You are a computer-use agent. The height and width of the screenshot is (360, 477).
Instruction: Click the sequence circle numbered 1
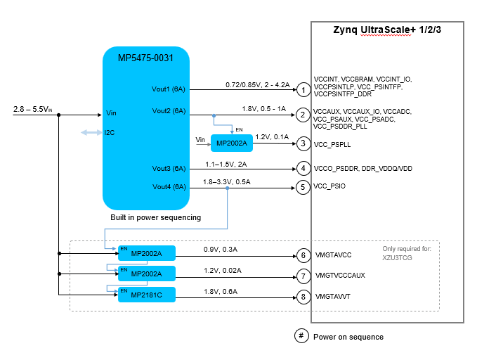coord(303,90)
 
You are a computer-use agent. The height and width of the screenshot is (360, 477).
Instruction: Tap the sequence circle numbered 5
coord(303,187)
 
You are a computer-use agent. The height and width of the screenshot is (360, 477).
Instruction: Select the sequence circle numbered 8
coord(303,297)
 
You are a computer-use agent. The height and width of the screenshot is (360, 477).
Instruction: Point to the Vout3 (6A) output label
coord(169,169)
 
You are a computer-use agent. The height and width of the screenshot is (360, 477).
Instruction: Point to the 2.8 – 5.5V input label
coord(32,110)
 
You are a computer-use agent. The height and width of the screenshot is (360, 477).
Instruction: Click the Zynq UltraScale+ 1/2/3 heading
coord(387,31)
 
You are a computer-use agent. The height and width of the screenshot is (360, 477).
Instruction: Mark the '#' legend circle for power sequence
coord(301,336)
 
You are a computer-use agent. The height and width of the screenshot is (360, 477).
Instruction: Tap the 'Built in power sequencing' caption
coord(155,217)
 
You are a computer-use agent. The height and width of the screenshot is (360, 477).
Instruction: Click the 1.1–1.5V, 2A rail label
coord(227,164)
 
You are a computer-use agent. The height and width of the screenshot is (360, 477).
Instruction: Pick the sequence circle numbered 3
coord(303,143)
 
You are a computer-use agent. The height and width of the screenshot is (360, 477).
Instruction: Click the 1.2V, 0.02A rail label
coord(221,270)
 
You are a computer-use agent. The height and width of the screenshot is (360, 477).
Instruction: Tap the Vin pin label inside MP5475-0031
coord(110,112)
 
